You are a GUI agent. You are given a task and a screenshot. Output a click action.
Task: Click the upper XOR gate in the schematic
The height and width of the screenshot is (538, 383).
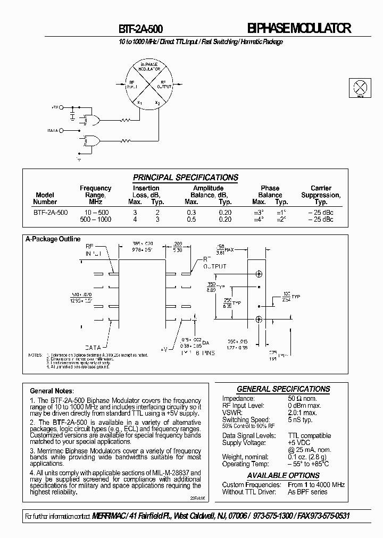click(x=92, y=121)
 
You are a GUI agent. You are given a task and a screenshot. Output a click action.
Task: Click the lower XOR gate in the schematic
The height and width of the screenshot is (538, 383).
click(x=92, y=141)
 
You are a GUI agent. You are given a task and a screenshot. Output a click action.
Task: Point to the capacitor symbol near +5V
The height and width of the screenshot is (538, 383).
click(x=72, y=114)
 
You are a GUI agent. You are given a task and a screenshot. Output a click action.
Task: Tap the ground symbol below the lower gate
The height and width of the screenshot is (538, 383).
click(x=79, y=158)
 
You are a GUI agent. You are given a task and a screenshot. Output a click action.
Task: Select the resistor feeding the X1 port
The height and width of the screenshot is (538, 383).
click(x=125, y=121)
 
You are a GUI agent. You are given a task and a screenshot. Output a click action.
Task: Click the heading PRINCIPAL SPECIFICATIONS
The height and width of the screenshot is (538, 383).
click(x=185, y=178)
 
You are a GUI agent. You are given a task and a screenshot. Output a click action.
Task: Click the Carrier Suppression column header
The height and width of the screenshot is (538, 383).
click(x=321, y=195)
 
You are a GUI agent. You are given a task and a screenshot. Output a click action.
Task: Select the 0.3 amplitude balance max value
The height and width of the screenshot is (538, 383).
click(x=191, y=212)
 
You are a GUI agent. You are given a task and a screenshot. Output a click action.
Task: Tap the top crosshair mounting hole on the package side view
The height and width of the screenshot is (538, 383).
click(x=259, y=274)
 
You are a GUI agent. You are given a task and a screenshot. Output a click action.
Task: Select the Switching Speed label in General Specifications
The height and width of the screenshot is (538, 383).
click(x=247, y=419)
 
